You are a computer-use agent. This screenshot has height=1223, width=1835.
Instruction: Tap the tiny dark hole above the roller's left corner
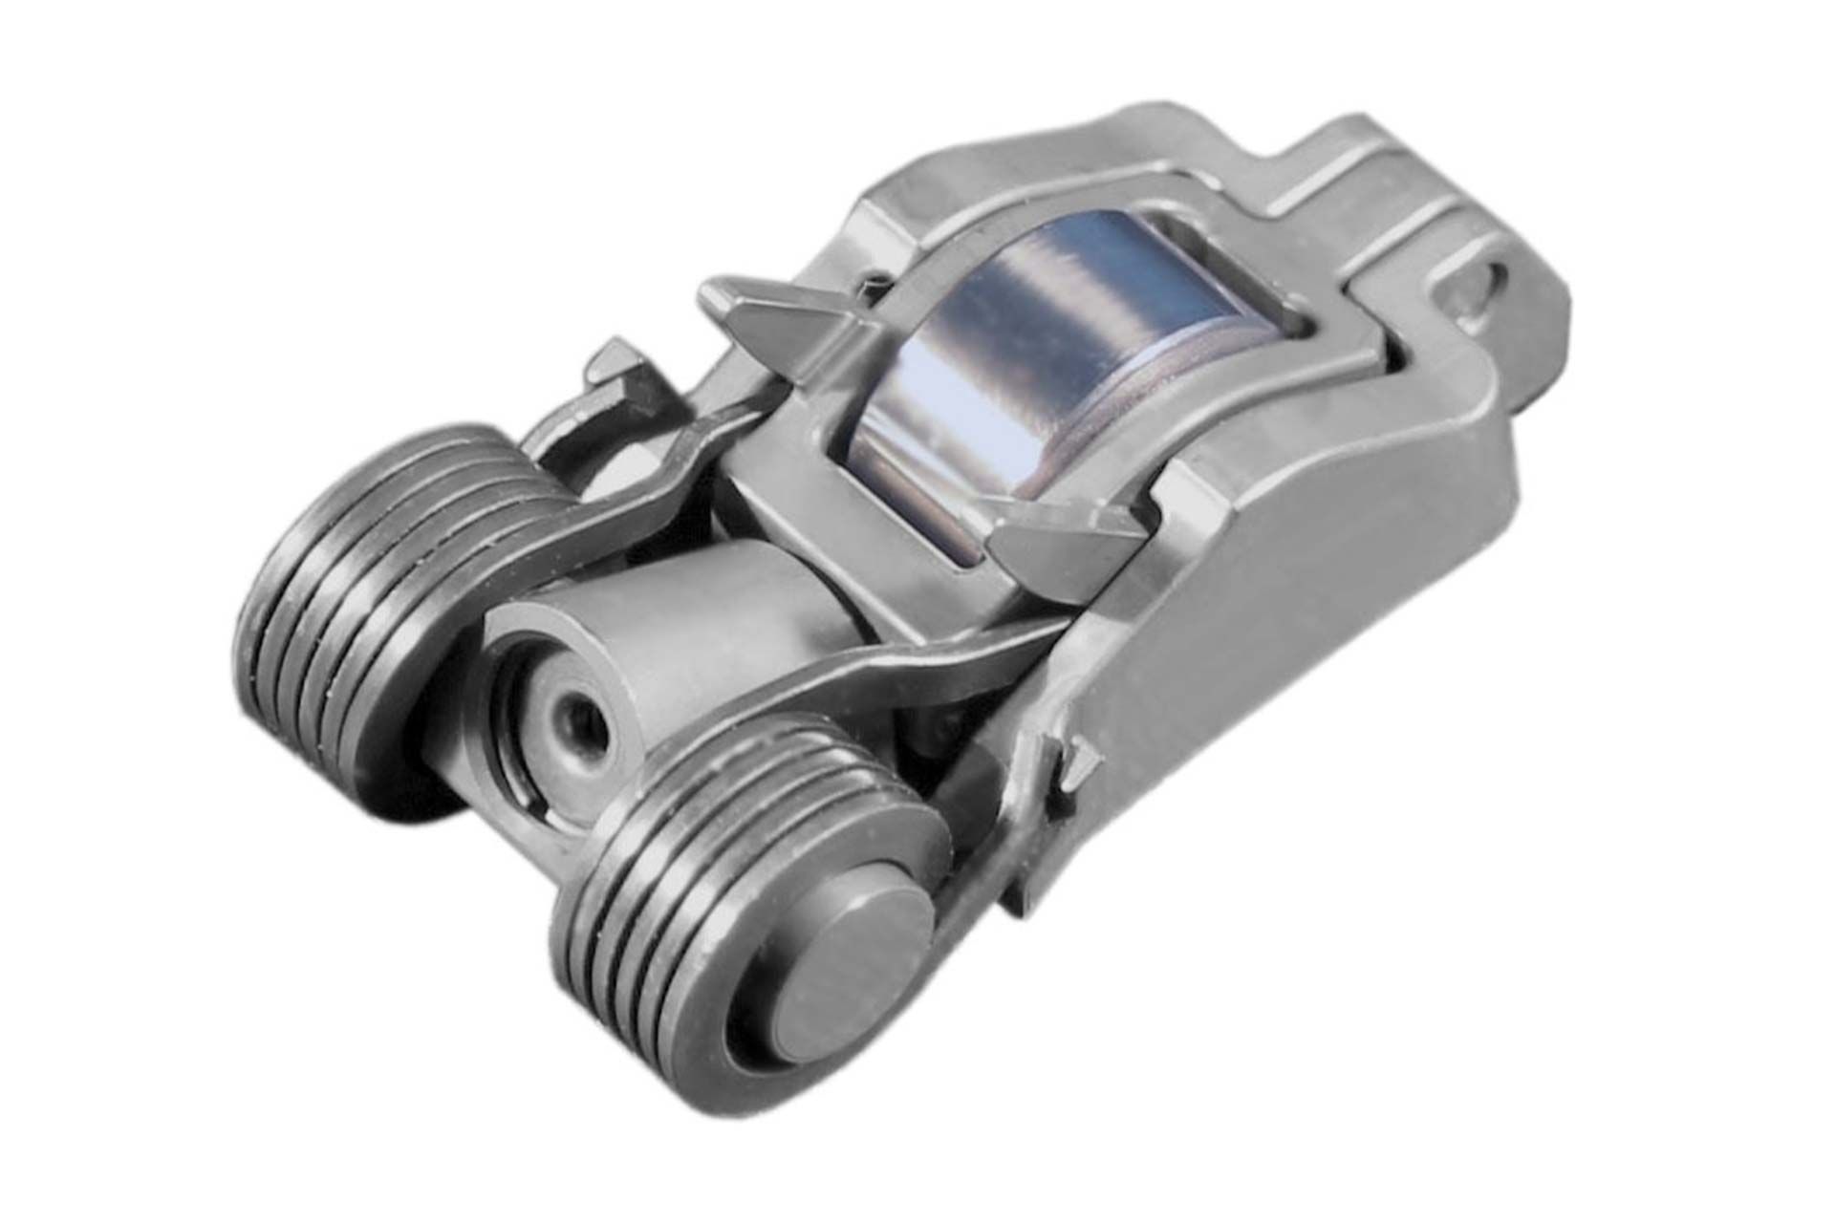(873, 283)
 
